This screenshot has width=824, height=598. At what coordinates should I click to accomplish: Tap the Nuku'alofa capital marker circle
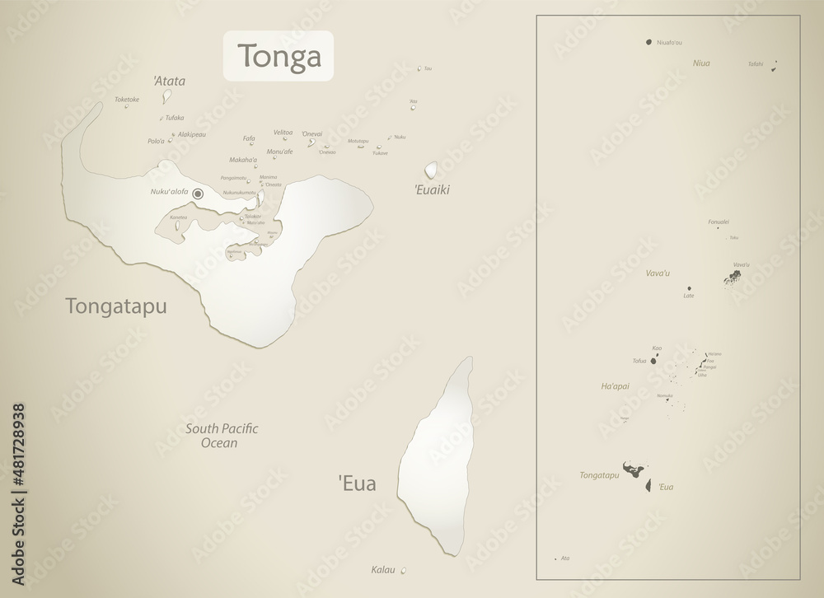pyautogui.click(x=198, y=194)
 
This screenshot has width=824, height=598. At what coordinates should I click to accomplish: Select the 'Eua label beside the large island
pyautogui.click(x=357, y=484)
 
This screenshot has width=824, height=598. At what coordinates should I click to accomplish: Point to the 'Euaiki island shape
pyautogui.click(x=431, y=171)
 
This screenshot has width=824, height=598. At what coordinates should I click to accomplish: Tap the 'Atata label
pyautogui.click(x=169, y=82)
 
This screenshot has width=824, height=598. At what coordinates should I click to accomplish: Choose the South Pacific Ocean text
pyautogui.click(x=222, y=436)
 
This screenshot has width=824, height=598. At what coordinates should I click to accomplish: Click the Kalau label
pyautogui.click(x=383, y=569)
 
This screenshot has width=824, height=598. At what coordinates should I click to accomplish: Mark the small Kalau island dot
pyautogui.click(x=403, y=570)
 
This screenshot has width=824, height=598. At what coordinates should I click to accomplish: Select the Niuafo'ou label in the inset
pyautogui.click(x=669, y=42)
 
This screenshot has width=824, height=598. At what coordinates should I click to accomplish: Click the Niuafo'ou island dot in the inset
pyautogui.click(x=649, y=42)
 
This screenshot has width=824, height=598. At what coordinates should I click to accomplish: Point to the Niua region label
pyautogui.click(x=701, y=63)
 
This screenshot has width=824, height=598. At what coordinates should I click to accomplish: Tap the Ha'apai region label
pyautogui.click(x=616, y=385)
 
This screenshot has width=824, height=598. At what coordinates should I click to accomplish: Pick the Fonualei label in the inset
pyautogui.click(x=719, y=222)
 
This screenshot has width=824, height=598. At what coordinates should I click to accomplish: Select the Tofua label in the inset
pyautogui.click(x=639, y=361)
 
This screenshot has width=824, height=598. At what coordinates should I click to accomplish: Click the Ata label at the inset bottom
pyautogui.click(x=564, y=558)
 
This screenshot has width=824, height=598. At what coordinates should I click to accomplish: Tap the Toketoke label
pyautogui.click(x=127, y=100)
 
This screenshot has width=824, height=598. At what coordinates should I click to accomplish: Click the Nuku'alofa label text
pyautogui.click(x=169, y=192)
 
